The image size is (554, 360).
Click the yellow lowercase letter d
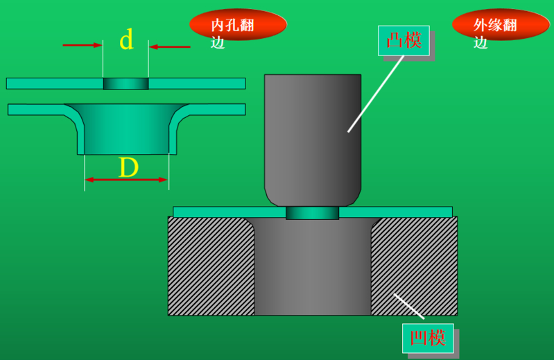click(x=125, y=40)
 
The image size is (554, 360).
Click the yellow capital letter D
click(x=128, y=168)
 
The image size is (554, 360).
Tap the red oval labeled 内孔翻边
click(x=238, y=26)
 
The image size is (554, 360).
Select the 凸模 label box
click(x=404, y=40)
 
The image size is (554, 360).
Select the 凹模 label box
click(x=428, y=338)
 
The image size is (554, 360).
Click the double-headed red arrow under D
click(x=126, y=180)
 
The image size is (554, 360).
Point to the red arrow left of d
click(x=82, y=46)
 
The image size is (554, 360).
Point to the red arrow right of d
click(x=170, y=46)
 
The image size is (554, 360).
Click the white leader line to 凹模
click(x=409, y=306)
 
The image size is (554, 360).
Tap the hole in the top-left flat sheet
click(x=125, y=83)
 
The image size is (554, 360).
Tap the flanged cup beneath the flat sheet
click(x=126, y=128)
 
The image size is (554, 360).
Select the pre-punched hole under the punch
click(x=312, y=213)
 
